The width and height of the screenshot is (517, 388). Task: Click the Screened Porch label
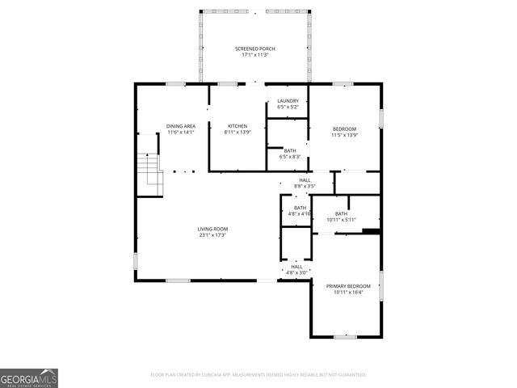(x=254, y=48)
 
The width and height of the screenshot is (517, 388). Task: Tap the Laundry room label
(x=288, y=101)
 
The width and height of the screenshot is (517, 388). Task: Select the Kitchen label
(x=237, y=126)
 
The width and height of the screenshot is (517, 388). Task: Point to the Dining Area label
(x=181, y=126)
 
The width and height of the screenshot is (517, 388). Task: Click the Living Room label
(x=212, y=229)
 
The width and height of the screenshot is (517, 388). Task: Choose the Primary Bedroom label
(x=348, y=286)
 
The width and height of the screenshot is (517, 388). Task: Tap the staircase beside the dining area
(x=149, y=175)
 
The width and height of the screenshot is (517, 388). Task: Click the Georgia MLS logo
(x=29, y=377)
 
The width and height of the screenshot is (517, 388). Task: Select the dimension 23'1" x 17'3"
(x=212, y=235)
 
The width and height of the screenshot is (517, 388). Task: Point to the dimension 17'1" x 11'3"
(x=254, y=55)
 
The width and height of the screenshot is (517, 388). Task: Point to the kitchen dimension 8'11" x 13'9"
(x=237, y=132)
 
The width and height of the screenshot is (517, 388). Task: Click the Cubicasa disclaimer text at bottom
(x=258, y=375)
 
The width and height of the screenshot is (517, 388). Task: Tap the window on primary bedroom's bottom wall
(x=345, y=337)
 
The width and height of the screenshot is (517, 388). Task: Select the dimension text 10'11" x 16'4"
(x=348, y=293)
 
